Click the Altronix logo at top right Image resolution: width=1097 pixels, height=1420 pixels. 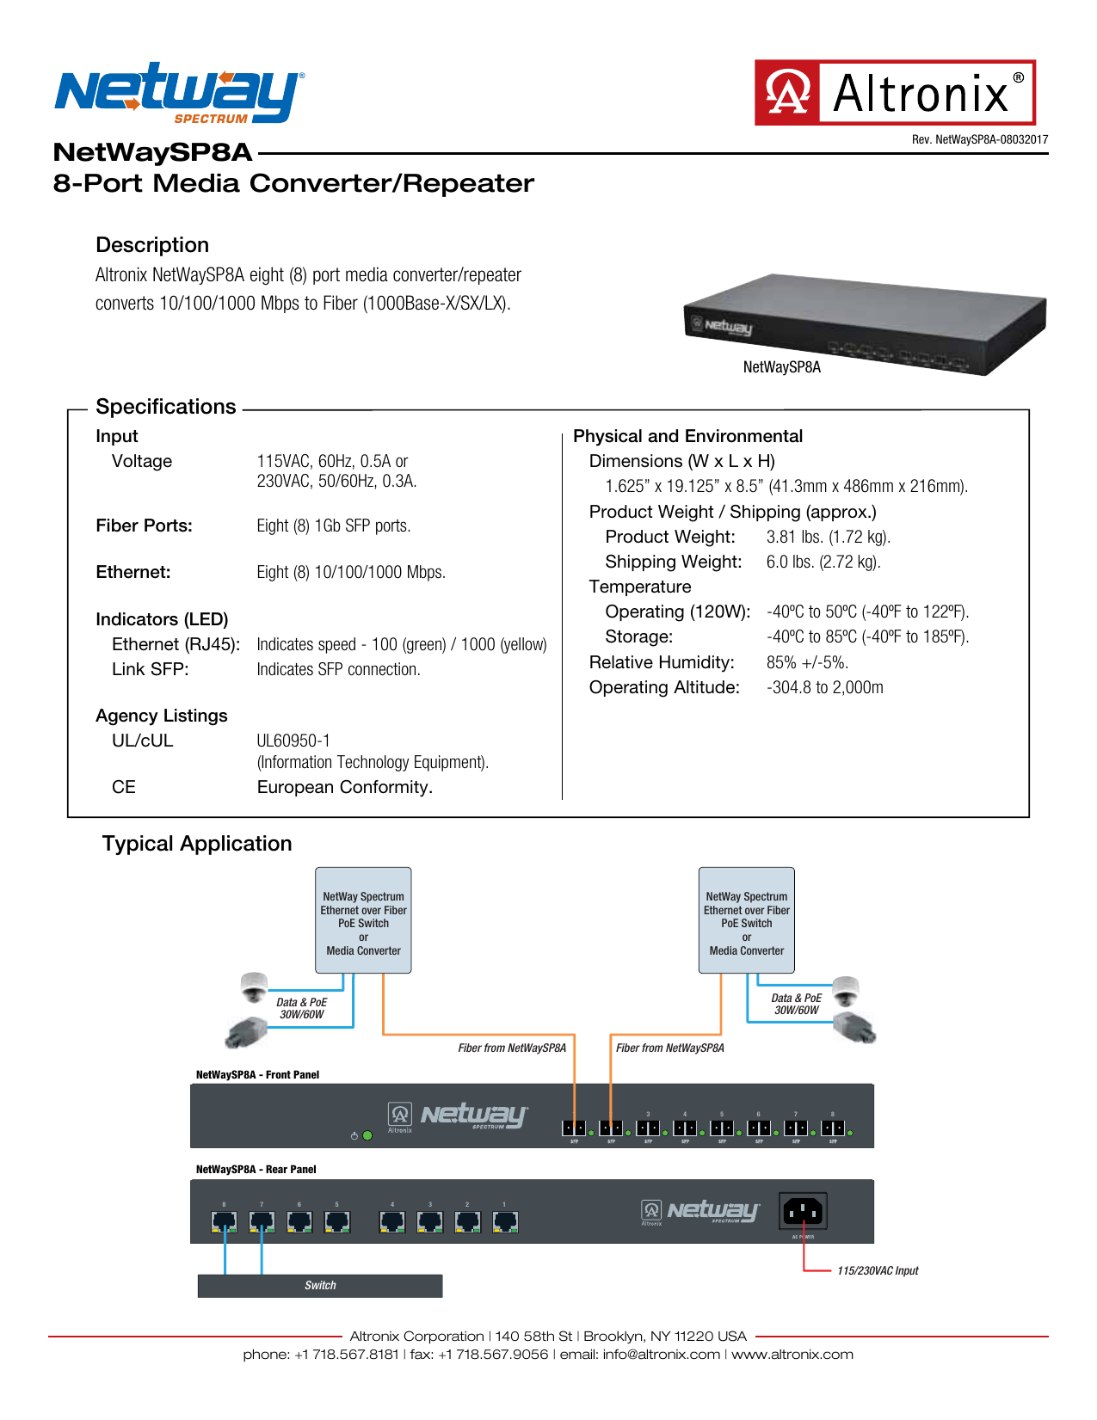coord(895,93)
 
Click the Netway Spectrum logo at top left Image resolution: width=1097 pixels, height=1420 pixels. coord(179,93)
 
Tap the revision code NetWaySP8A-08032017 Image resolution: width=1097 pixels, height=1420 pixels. coord(980,139)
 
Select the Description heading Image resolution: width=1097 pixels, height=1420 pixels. coord(152,245)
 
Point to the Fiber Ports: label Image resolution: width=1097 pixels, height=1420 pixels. coord(144,526)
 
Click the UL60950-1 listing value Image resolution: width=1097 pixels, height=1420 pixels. coord(293,741)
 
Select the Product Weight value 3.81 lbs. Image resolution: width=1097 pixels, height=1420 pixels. coord(828,537)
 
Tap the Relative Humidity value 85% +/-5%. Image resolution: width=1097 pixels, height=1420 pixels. coord(807,662)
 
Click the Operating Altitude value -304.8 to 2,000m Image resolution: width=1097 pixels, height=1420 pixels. coord(824,687)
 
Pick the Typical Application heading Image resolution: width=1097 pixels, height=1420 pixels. coord(197,844)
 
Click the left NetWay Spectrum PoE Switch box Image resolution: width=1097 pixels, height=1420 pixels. coord(363,920)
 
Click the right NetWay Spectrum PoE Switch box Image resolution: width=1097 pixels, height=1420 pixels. coord(746,920)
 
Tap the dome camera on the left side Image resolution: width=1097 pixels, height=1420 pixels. coord(254,987)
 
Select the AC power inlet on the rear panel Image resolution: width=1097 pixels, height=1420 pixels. coord(803,1211)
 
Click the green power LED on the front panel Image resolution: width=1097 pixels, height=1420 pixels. coord(367,1135)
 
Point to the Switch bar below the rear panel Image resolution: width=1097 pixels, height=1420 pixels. coord(320,1286)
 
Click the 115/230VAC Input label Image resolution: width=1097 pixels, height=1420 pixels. coord(877,1270)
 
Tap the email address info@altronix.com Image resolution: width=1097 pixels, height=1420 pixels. coord(661,1355)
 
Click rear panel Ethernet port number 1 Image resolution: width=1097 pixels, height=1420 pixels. coord(505,1221)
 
